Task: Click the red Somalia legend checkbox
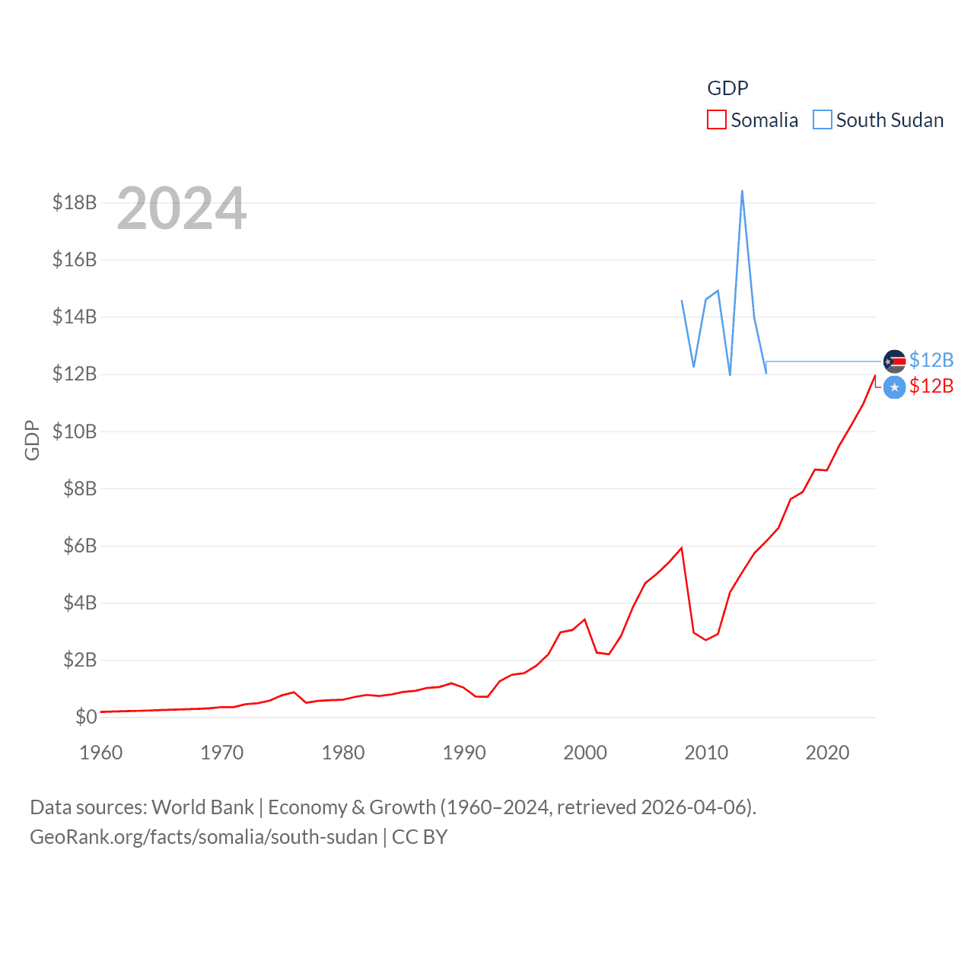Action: pos(716,120)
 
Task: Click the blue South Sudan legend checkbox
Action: pos(822,120)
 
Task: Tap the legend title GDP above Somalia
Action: pos(727,88)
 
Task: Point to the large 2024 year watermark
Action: pos(181,208)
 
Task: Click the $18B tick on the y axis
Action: pos(75,202)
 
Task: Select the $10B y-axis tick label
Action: pos(75,431)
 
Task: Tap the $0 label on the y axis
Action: pos(86,717)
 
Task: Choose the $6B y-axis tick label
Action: pos(80,546)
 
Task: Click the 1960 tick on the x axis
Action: pos(101,753)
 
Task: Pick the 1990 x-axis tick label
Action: pos(464,753)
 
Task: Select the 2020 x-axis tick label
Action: pos(827,753)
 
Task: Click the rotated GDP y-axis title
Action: pos(32,440)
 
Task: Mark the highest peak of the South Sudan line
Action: pos(742,191)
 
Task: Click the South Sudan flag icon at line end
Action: pos(894,361)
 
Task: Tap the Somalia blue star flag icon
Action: pos(894,387)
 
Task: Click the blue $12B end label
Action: pos(931,360)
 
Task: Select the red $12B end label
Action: pos(931,387)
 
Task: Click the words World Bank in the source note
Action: pos(202,807)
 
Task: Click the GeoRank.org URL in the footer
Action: pos(203,837)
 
